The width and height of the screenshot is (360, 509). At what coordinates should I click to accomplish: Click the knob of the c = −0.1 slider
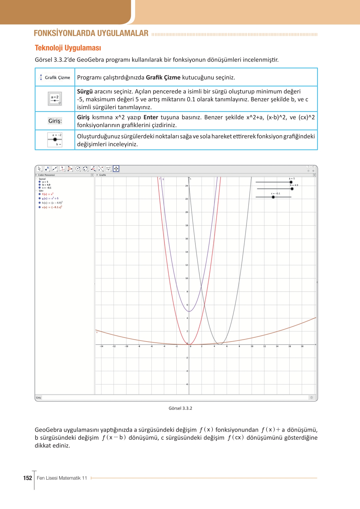pos(273,197)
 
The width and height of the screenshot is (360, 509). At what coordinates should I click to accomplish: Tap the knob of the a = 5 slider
pos(291,182)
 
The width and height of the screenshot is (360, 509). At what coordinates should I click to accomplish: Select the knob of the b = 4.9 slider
pos(292,189)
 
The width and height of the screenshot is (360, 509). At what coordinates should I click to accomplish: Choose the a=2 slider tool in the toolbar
pos(108,169)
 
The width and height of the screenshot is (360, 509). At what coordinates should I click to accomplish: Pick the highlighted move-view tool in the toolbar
pos(116,169)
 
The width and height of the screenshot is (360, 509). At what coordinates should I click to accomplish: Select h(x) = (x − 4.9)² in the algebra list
pos(52,203)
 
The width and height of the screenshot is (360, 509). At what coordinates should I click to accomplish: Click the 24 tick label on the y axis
pos(187,186)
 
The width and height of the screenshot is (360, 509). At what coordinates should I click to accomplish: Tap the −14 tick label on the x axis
pos(101,346)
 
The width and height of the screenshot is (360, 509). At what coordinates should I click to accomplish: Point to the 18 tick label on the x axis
pos(302,346)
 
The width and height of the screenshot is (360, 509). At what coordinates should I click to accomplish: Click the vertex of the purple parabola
pos(189,311)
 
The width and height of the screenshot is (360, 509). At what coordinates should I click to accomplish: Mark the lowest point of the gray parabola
pos(220,344)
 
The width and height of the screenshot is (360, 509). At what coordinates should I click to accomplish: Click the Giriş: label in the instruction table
pos(55,121)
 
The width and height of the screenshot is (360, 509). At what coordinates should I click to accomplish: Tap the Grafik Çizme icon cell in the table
pos(55,77)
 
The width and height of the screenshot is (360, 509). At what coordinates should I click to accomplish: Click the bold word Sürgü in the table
pos(85,92)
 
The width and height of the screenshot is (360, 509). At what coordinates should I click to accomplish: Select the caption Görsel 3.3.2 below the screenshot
pos(180,408)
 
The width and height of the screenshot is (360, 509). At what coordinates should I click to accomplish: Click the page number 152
pos(28,478)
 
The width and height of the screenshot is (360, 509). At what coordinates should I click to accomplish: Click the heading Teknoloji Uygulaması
pos(68,48)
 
